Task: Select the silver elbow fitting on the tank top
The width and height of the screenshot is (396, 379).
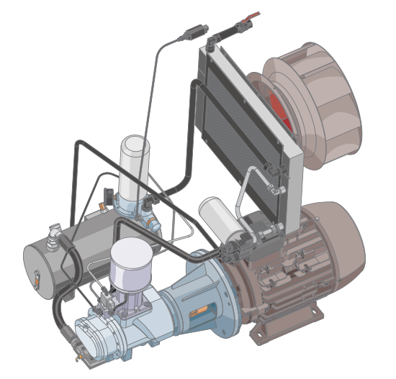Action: (x=54, y=234)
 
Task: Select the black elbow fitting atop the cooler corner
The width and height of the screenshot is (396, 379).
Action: (x=210, y=45)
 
